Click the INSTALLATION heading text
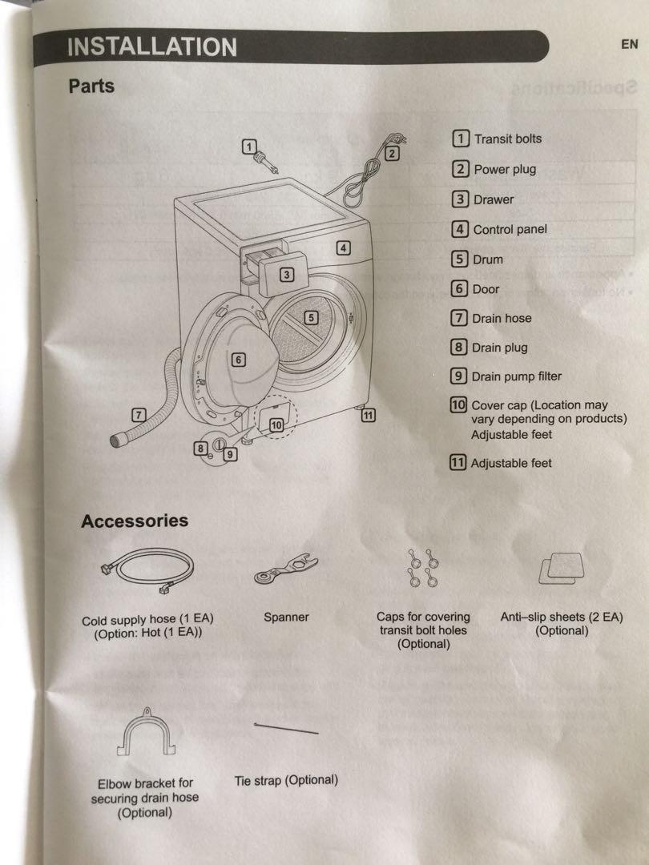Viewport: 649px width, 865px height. (x=152, y=46)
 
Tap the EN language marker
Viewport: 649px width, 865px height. (x=630, y=44)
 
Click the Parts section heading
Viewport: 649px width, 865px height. (x=91, y=86)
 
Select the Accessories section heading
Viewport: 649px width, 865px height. (x=135, y=521)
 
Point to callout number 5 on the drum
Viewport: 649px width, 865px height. (x=312, y=318)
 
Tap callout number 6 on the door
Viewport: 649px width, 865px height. (x=238, y=360)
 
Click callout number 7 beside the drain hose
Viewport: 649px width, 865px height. (x=139, y=414)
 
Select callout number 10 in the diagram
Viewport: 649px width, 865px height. (x=276, y=425)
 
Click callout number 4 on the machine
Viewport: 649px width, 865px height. (x=343, y=247)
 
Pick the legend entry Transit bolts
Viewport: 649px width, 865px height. (x=507, y=139)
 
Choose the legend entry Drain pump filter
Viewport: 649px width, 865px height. (x=516, y=376)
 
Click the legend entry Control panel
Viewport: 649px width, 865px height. (x=510, y=229)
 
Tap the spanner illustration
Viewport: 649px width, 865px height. (x=285, y=570)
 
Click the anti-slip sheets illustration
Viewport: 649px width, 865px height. (x=561, y=569)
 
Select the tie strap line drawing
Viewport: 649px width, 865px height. (x=286, y=728)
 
